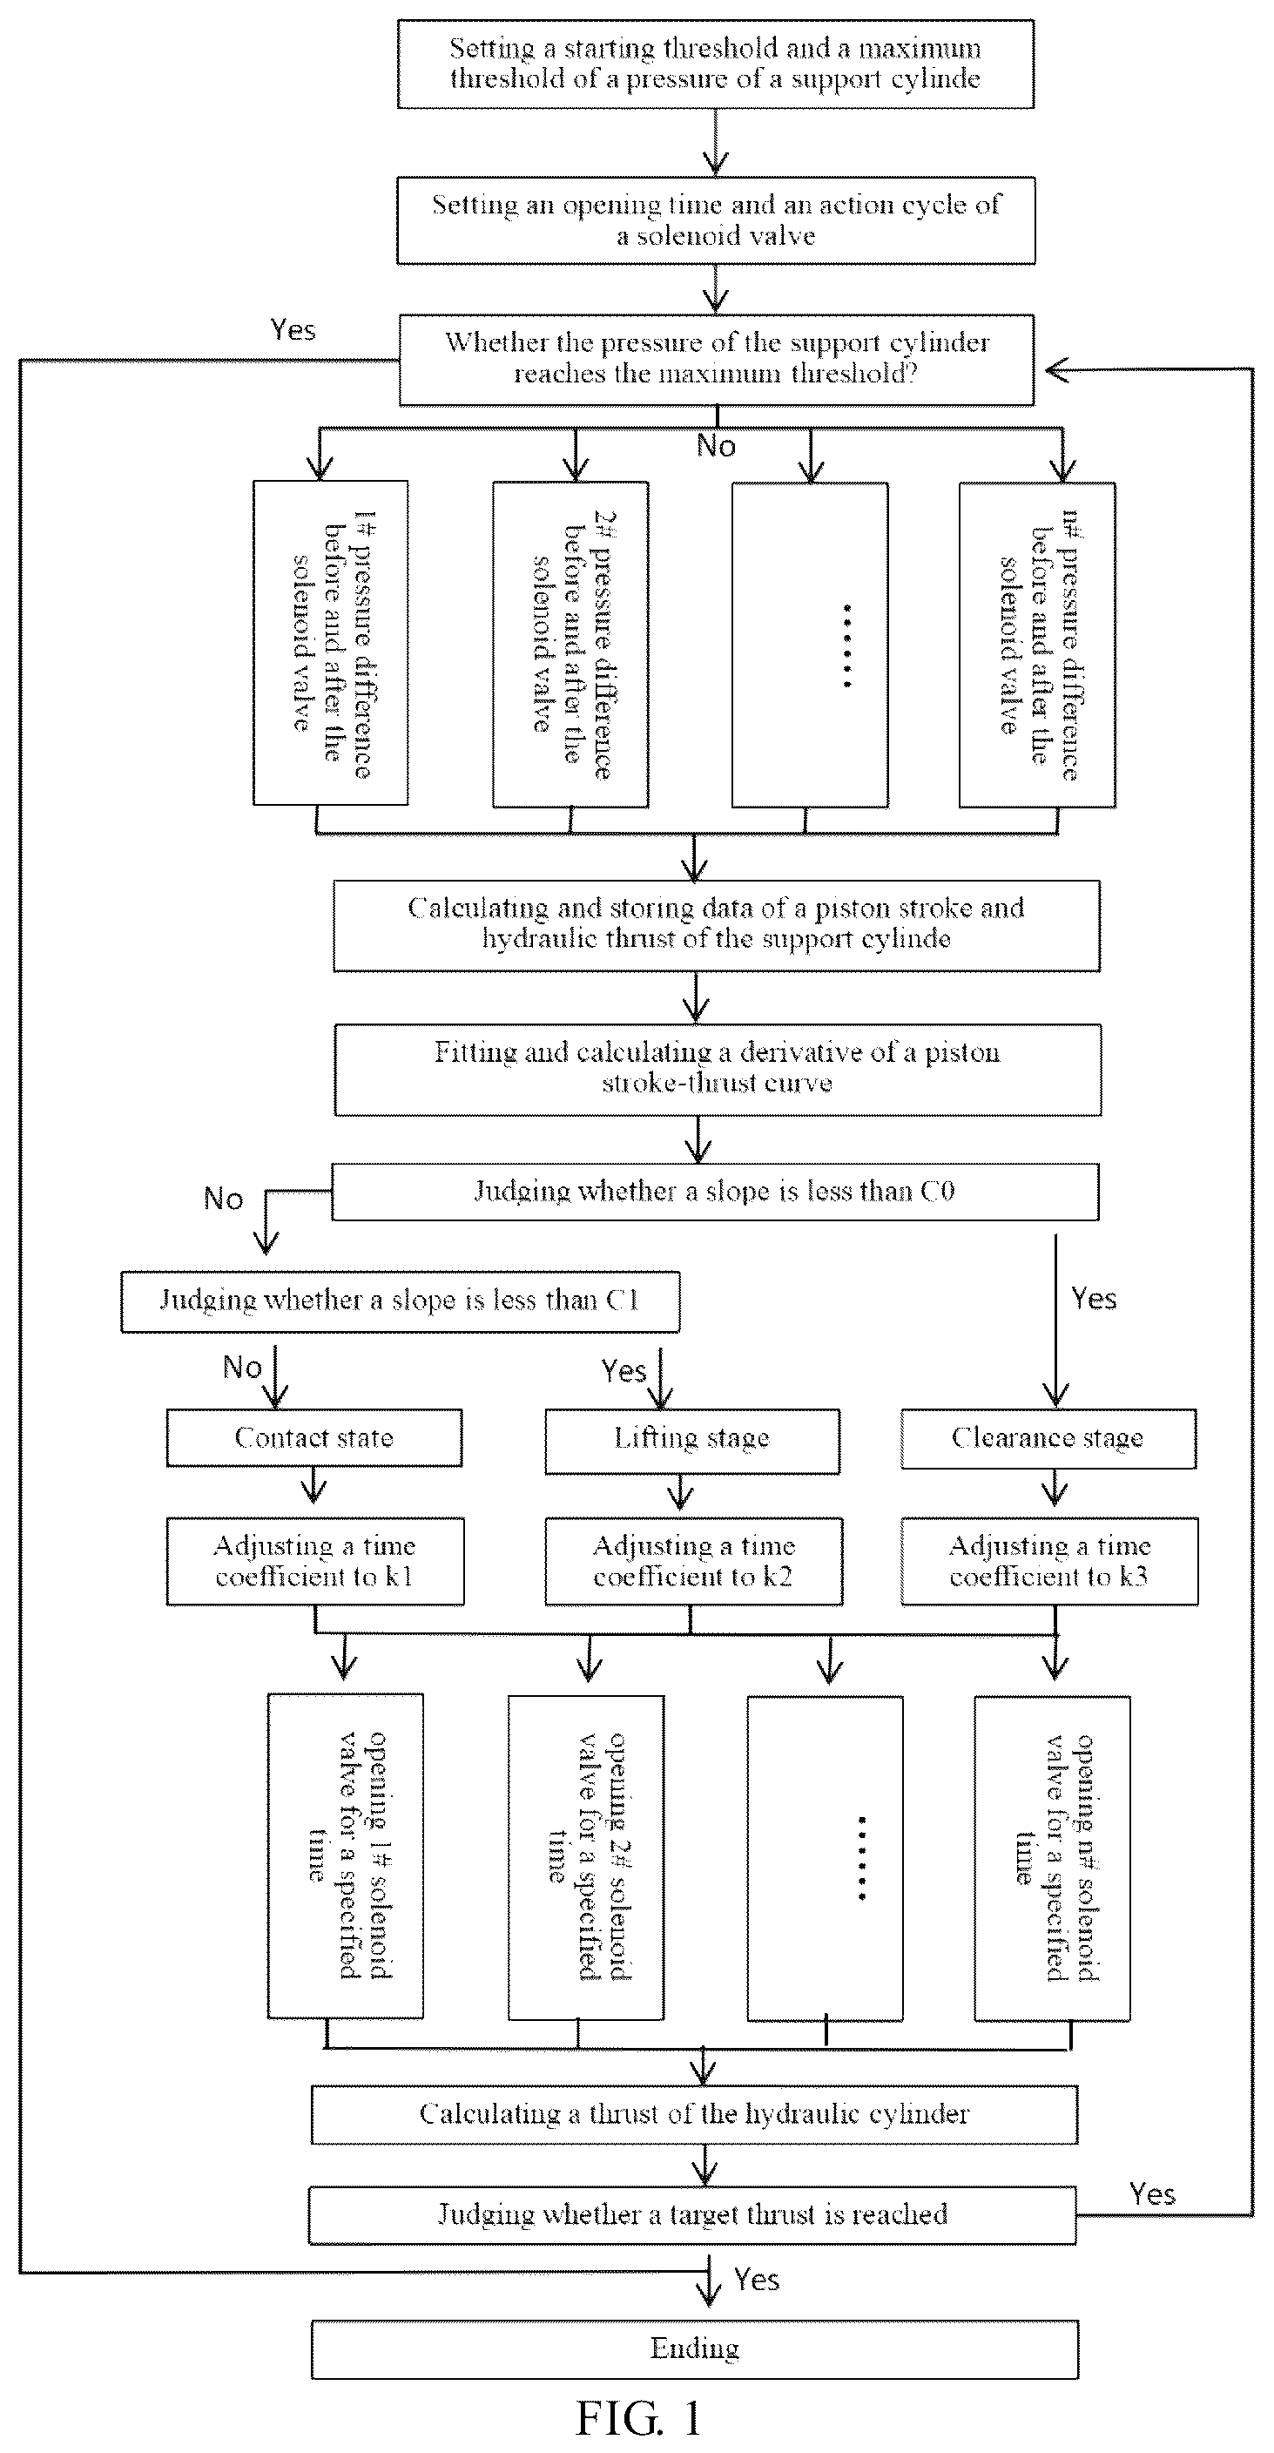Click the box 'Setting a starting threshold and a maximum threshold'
[x=716, y=64]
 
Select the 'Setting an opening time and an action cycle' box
[x=716, y=220]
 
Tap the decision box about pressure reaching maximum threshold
[x=716, y=360]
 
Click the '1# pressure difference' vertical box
[x=330, y=643]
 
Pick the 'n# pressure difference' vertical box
[x=1037, y=645]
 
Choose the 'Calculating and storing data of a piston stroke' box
[x=716, y=926]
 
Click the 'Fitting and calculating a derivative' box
[x=718, y=1070]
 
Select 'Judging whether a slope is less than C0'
[x=715, y=1192]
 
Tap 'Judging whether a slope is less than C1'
[x=400, y=1301]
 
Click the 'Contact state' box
[x=314, y=1438]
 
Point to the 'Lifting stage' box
[x=692, y=1441]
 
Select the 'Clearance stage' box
[x=1048, y=1439]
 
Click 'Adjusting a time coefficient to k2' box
[x=693, y=1561]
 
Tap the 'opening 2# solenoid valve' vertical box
[x=585, y=1857]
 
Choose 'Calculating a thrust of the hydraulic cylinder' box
[x=694, y=2114]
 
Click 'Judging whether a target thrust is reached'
[x=692, y=2214]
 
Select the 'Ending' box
[x=694, y=2349]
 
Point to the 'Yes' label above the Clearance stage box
[x=1093, y=1298]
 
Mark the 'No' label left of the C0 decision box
[x=224, y=1198]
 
